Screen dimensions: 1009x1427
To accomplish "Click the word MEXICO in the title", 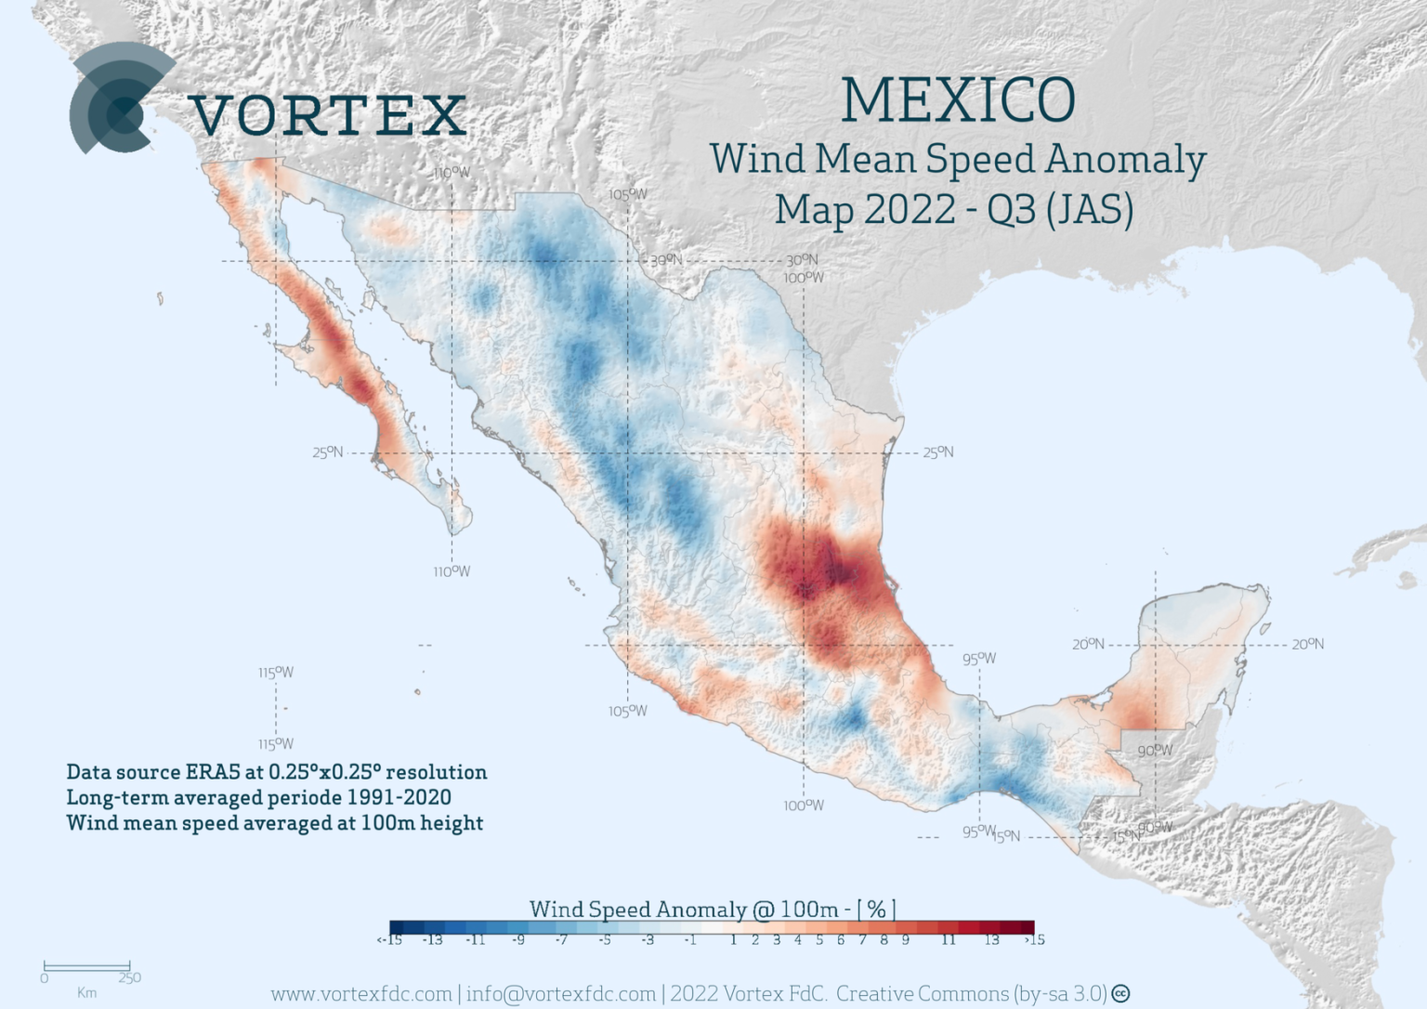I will pyautogui.click(x=958, y=100).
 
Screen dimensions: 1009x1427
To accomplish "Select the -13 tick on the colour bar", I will pyautogui.click(x=432, y=940).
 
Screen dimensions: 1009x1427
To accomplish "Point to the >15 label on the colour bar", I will pyautogui.click(x=1034, y=940).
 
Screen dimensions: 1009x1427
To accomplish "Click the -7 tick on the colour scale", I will pyautogui.click(x=561, y=940).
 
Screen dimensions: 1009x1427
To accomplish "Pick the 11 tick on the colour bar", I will pyautogui.click(x=948, y=940).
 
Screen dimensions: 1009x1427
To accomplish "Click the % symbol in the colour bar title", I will pyautogui.click(x=875, y=909).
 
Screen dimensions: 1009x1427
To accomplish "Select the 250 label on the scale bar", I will pyautogui.click(x=129, y=977).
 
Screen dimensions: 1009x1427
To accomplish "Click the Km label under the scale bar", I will pyautogui.click(x=86, y=993).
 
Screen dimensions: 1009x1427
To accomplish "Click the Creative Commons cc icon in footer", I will pyautogui.click(x=1121, y=994).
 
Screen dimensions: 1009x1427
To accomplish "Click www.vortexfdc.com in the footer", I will pyautogui.click(x=360, y=994).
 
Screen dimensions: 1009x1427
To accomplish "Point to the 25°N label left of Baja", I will pyautogui.click(x=327, y=452).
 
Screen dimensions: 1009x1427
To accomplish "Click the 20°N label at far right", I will pyautogui.click(x=1307, y=644).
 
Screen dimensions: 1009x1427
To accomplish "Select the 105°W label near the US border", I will pyautogui.click(x=628, y=194).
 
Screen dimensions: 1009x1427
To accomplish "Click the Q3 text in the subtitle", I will pyautogui.click(x=1011, y=210).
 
